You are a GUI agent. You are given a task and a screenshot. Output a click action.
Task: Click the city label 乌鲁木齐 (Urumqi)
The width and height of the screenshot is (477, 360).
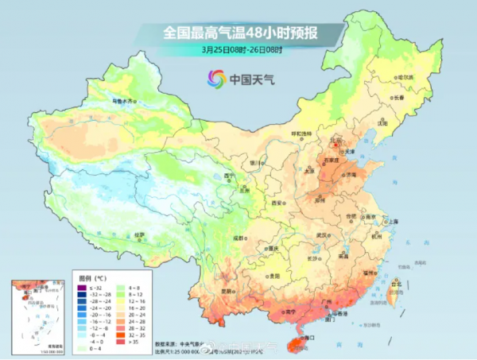click(123, 102)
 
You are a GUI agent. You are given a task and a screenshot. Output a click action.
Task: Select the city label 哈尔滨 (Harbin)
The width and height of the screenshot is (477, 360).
click(405, 77)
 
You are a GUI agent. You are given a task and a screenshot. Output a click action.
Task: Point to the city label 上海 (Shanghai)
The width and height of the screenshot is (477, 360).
click(391, 222)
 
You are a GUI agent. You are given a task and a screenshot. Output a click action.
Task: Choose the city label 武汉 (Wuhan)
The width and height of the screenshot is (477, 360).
click(322, 236)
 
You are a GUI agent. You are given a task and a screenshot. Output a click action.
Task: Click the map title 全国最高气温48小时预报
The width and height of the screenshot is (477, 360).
click(238, 33)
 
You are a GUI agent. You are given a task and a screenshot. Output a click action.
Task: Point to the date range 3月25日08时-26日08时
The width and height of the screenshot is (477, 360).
click(238, 50)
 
